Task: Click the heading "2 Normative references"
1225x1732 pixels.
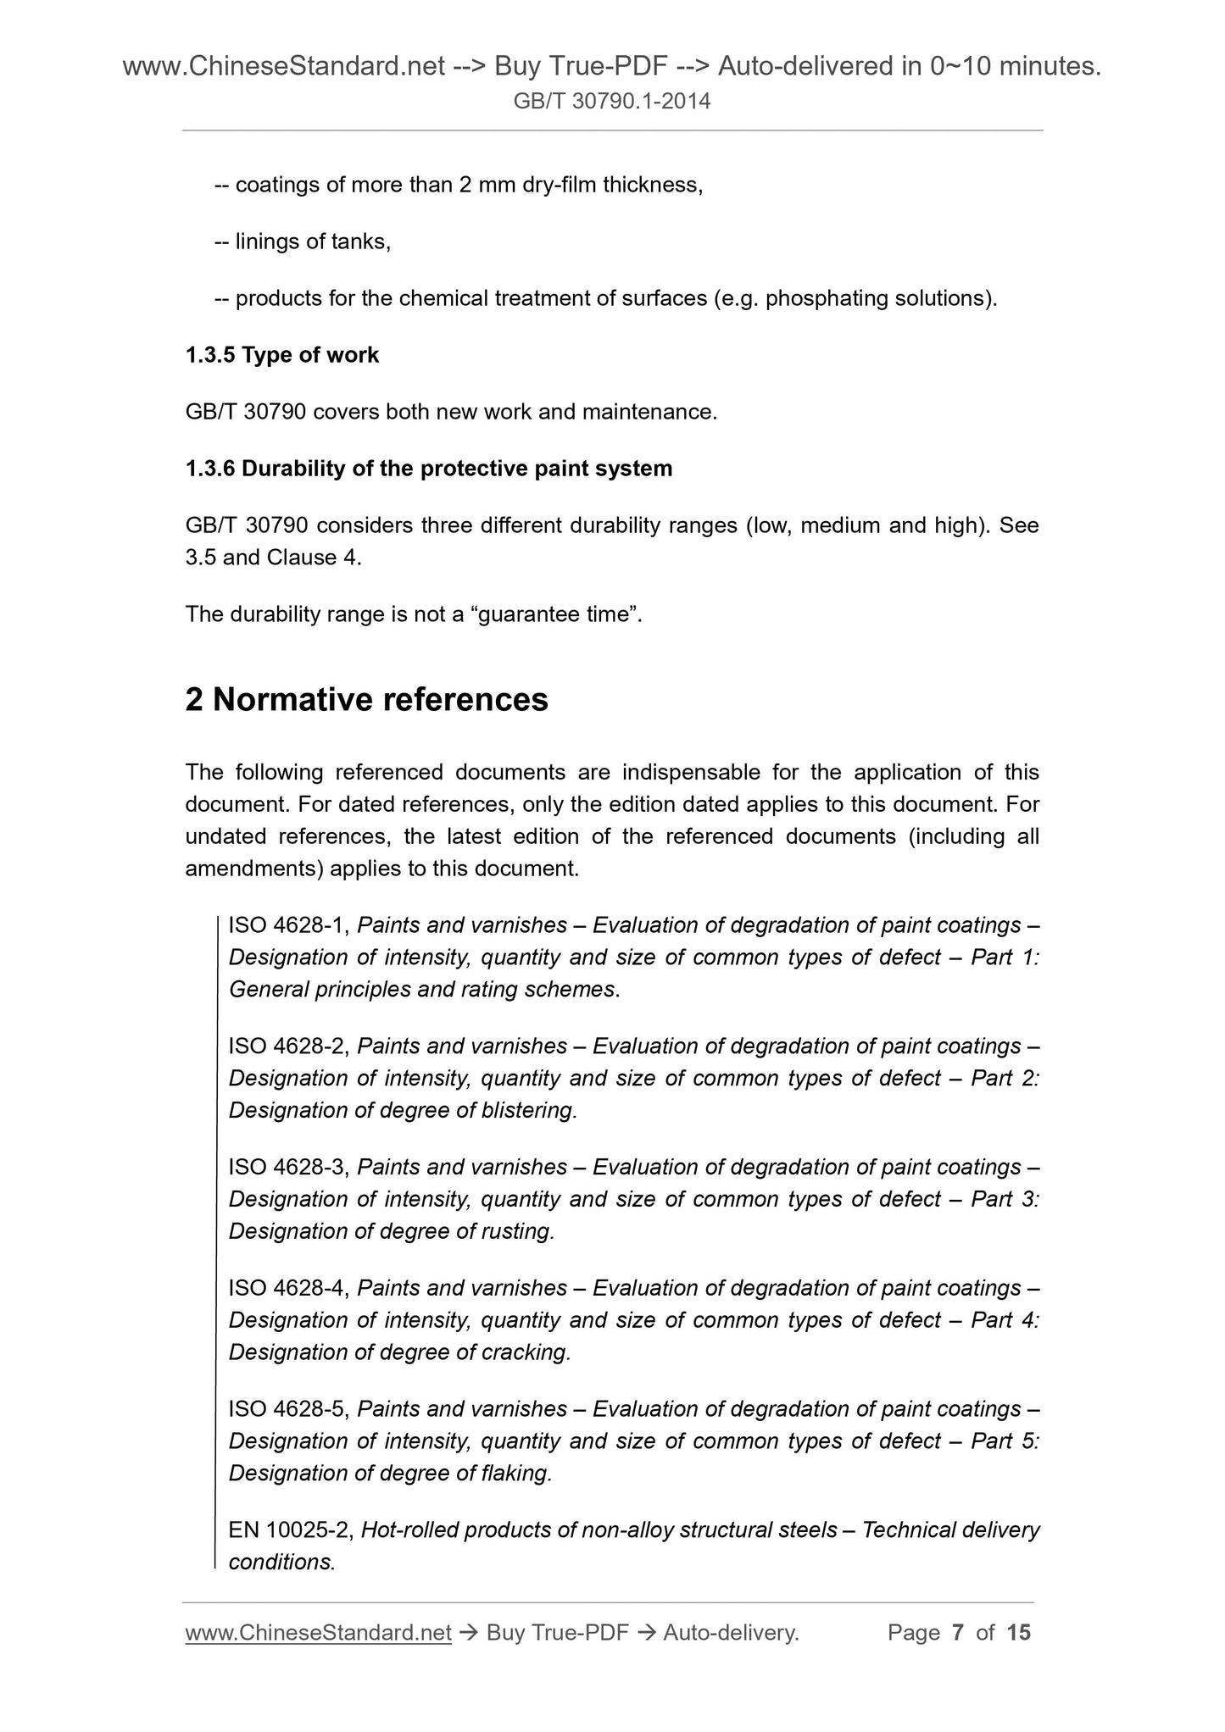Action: click(366, 700)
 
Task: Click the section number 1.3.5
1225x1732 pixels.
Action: click(210, 355)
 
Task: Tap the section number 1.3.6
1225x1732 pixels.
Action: click(210, 469)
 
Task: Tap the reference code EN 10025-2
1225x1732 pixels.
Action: click(291, 1530)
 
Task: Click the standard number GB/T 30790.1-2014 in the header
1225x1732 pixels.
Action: click(612, 103)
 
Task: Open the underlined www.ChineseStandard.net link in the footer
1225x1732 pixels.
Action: click(318, 1632)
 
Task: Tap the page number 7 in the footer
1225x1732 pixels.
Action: click(958, 1632)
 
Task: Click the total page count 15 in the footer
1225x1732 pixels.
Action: click(1018, 1632)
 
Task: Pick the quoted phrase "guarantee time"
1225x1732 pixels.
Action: click(560, 614)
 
